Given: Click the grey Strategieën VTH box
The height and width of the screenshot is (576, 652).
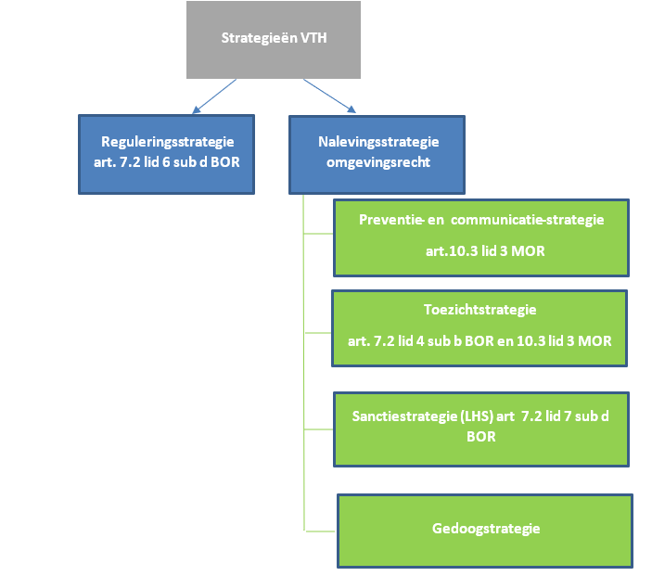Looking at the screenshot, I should (273, 40).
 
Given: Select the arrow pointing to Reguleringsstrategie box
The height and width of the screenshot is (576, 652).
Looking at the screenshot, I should (211, 96).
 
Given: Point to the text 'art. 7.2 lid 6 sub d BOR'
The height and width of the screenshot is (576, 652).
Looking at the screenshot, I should (167, 163).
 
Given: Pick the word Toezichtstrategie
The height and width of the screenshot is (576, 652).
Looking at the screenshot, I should (479, 309).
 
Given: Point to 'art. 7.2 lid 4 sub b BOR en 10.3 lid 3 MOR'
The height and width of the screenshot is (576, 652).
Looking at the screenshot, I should (479, 340).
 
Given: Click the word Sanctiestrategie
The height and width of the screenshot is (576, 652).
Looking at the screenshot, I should (405, 416).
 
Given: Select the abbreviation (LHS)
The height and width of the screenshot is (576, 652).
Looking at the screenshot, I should (476, 416).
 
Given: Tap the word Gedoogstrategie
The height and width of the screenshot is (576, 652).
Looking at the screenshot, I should (485, 529).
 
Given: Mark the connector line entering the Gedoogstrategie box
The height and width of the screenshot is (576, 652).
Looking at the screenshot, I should (320, 530).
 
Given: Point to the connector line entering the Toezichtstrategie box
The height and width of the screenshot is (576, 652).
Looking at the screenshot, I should (317, 331).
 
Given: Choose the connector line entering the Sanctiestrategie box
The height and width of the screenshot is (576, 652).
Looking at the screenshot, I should (317, 429).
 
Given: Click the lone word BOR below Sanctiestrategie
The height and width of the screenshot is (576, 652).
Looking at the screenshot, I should (480, 435).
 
